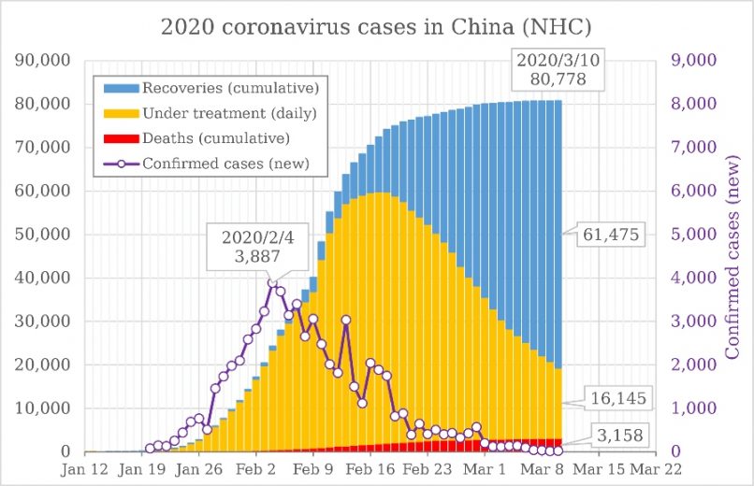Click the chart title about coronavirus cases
[375, 25]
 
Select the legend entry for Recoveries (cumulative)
[219, 89]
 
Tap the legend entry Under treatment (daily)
[219, 113]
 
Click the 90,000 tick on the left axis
[46, 61]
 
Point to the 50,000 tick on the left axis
[46, 235]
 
